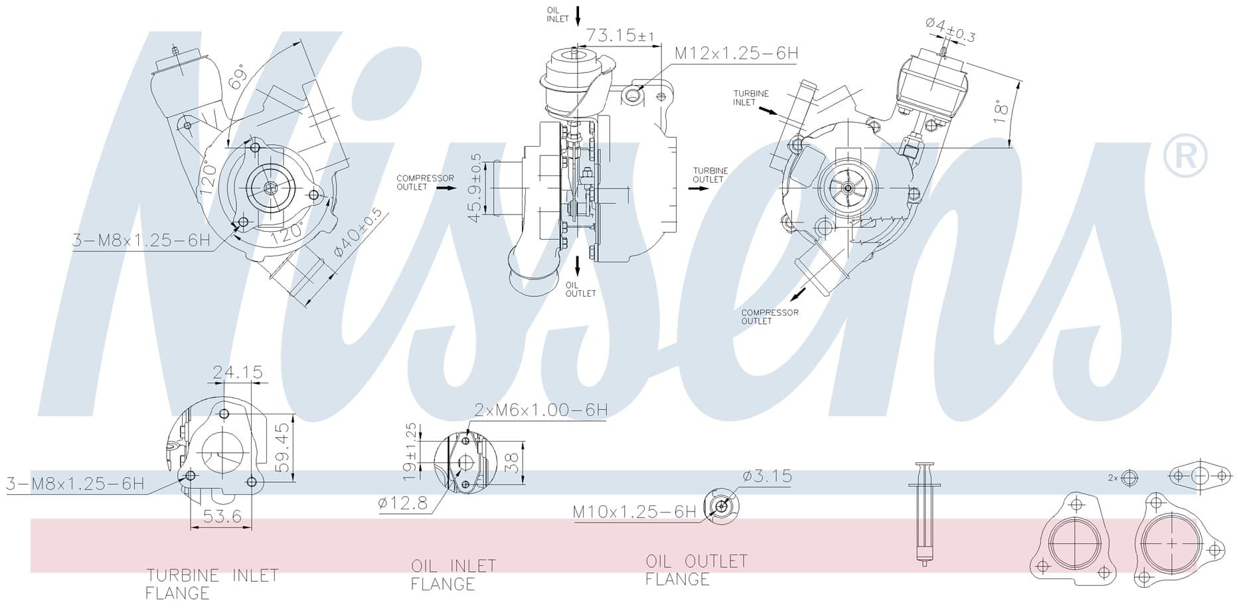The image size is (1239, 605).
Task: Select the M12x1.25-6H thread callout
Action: (x=736, y=53)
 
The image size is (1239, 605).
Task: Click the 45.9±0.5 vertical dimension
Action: (x=476, y=187)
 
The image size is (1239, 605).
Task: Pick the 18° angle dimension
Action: (x=1002, y=112)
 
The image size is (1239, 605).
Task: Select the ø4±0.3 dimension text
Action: (x=950, y=29)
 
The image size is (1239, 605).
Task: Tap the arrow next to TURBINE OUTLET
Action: (x=699, y=189)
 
